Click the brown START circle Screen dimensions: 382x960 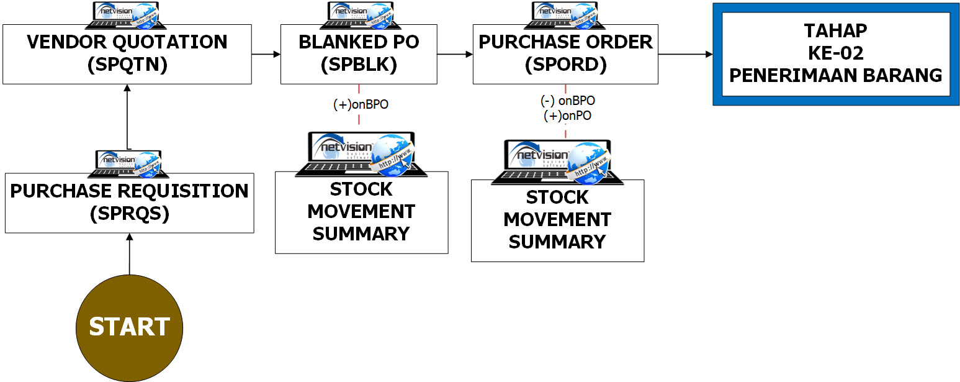tap(129, 327)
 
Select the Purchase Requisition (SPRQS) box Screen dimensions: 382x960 tap(129, 202)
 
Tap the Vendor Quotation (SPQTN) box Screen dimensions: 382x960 tap(127, 54)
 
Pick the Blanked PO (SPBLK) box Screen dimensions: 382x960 tap(359, 54)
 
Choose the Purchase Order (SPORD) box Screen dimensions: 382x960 tap(565, 54)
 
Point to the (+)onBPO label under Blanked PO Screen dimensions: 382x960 tap(361, 104)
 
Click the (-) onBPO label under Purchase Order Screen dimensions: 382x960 tap(567, 101)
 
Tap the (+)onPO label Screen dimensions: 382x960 tap(567, 115)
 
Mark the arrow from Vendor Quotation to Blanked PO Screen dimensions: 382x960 tap(266, 54)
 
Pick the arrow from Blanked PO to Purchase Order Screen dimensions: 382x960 tap(455, 54)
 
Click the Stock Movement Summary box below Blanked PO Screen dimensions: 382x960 tap(361, 212)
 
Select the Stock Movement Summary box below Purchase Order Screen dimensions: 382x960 tap(557, 220)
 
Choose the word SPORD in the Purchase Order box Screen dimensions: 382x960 tap(565, 65)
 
